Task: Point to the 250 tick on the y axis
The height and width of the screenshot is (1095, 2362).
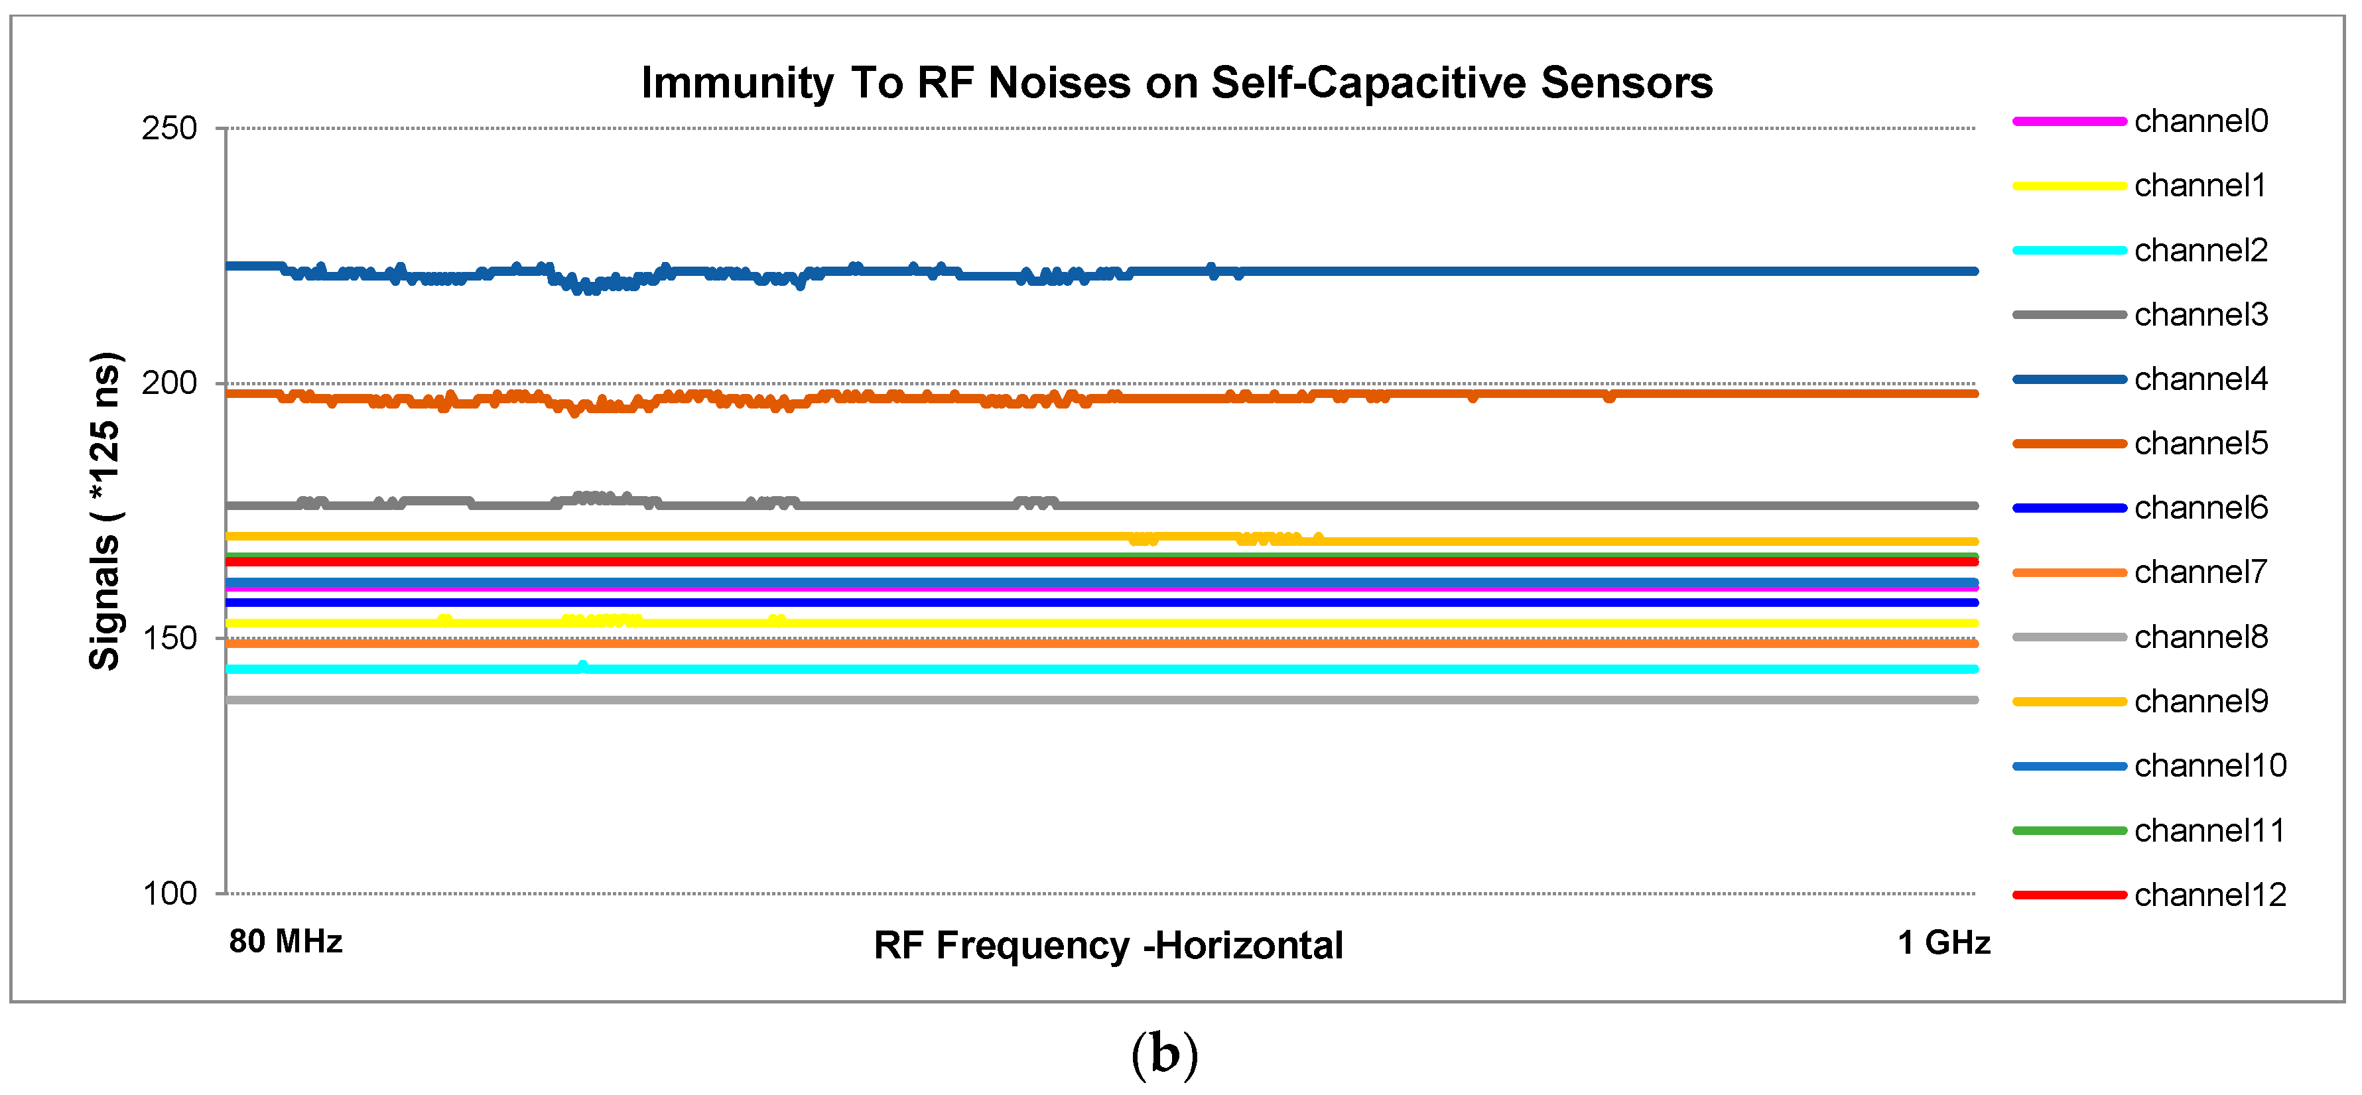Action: [170, 129]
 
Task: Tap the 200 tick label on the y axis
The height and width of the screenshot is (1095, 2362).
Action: [170, 383]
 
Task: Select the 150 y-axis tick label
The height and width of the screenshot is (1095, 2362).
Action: [170, 638]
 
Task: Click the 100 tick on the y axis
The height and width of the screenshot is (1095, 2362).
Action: [170, 893]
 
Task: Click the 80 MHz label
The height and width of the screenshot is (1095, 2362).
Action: [285, 942]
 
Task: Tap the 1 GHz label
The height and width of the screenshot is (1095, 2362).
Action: [1943, 942]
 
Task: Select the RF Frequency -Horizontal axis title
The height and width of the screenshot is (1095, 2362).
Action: [1108, 946]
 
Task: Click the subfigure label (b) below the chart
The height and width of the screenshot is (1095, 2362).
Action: [1165, 1055]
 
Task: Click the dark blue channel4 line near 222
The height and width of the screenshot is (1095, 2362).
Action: [1559, 271]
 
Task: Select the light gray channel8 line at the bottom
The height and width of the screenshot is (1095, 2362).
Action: [1100, 700]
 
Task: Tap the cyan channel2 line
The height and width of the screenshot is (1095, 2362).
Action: [1100, 669]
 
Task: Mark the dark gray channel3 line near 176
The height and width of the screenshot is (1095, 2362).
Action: [1467, 506]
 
